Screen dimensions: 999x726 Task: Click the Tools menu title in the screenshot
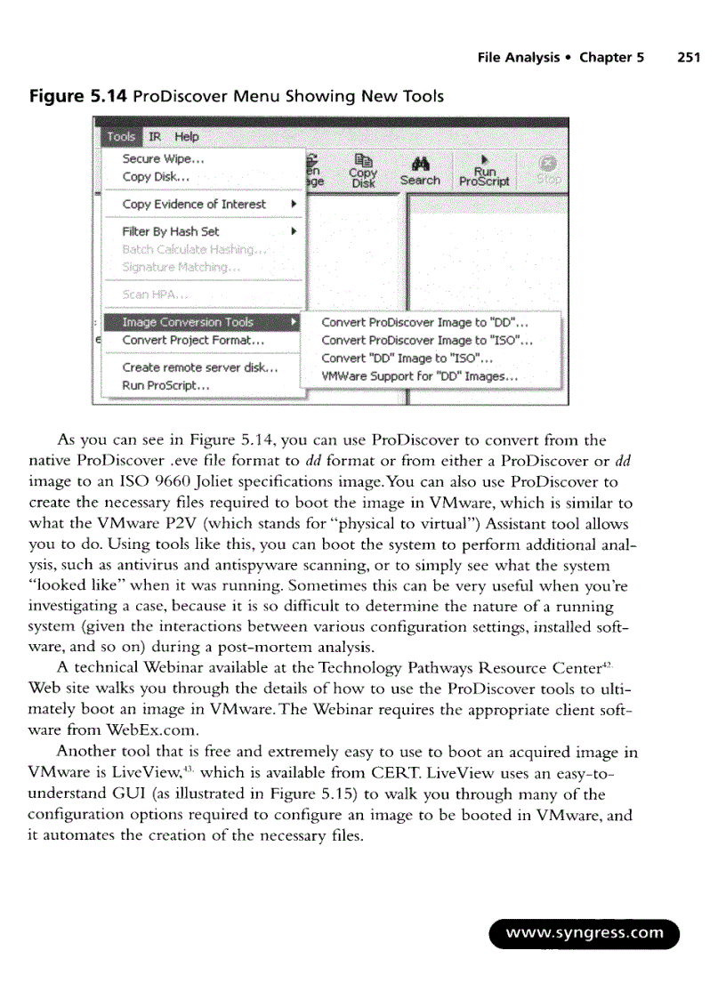(x=120, y=136)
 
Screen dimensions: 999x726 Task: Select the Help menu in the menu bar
(x=187, y=136)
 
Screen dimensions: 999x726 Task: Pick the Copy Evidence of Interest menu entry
(x=194, y=204)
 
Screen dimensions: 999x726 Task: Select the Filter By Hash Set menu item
(x=171, y=231)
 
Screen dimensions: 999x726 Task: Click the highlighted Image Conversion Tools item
(x=188, y=322)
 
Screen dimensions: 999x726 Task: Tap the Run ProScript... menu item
(x=165, y=386)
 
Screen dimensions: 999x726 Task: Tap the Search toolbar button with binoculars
(x=419, y=171)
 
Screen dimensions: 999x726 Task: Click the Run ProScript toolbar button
(x=484, y=171)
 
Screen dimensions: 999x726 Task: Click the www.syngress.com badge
(x=585, y=933)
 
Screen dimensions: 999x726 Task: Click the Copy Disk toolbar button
(x=363, y=171)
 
